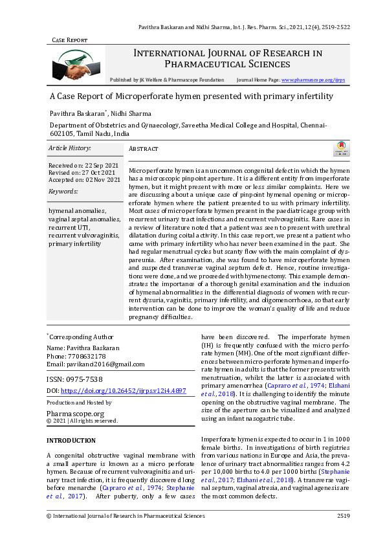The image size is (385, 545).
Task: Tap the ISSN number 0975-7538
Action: (83, 379)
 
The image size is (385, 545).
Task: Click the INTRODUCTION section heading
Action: (71, 440)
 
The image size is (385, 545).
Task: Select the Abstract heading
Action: (144, 149)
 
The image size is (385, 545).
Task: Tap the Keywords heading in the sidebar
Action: (63, 192)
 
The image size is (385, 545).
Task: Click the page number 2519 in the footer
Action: (343, 516)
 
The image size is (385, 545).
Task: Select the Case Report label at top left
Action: (69, 40)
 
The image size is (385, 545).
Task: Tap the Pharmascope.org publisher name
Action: (76, 412)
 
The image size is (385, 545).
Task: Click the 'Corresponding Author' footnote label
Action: (81, 337)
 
